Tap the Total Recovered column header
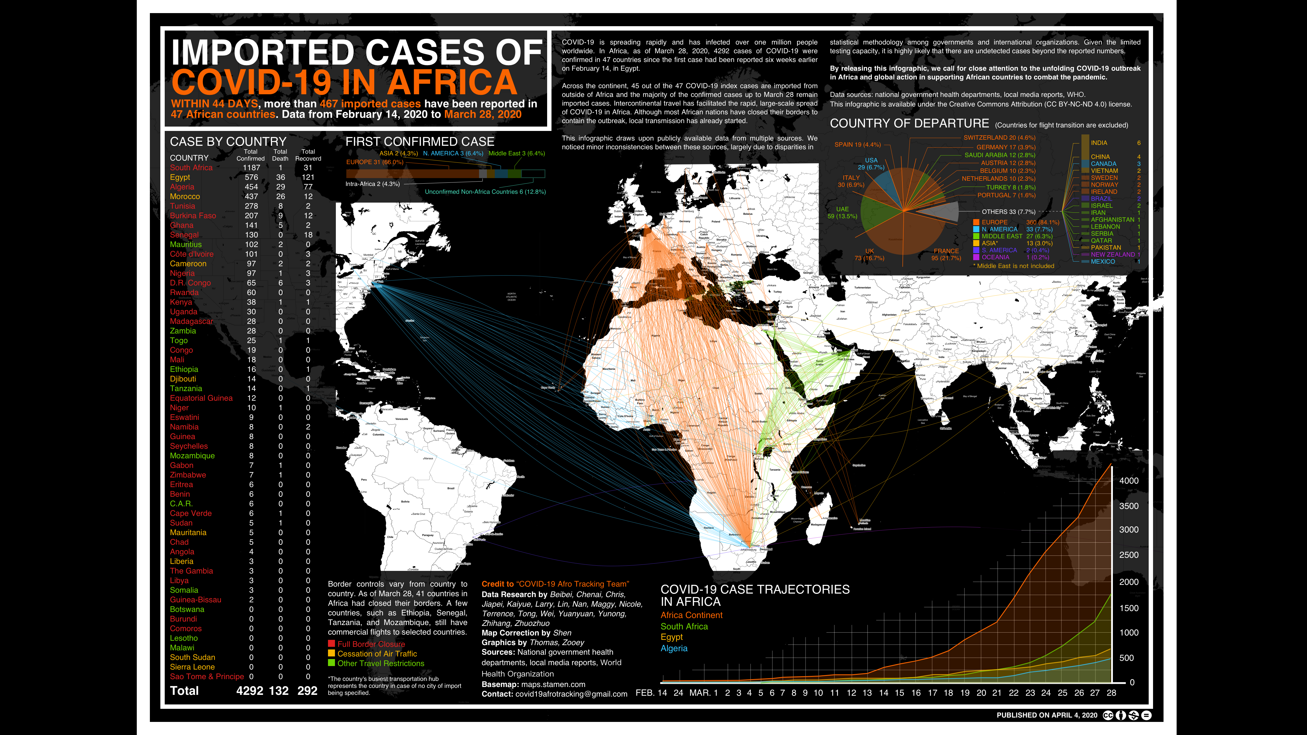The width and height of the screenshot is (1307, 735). pos(308,155)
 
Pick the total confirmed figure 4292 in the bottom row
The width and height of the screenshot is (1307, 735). pos(250,691)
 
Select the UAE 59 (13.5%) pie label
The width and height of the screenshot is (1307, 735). pos(842,212)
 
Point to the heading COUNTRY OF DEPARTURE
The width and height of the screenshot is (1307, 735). pos(909,124)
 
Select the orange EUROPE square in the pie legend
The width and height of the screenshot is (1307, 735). pos(976,222)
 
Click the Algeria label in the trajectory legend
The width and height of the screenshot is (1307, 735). pos(674,648)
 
